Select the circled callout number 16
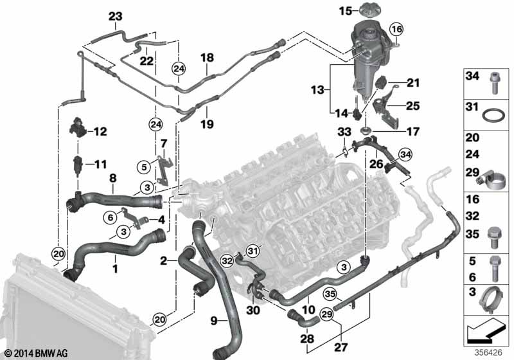tap(396, 29)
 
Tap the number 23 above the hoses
tap(116, 17)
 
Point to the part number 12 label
tap(100, 132)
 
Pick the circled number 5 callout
tap(144, 167)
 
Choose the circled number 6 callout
tap(111, 217)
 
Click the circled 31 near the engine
tap(252, 251)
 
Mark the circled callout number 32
tap(227, 260)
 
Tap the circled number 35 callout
tap(330, 294)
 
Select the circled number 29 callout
tap(327, 315)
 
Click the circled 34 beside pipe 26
tap(405, 154)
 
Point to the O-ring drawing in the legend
tap(493, 116)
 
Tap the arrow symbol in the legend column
tap(484, 332)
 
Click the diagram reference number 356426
tap(488, 353)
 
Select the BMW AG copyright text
tap(37, 353)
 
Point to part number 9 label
tap(214, 320)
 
